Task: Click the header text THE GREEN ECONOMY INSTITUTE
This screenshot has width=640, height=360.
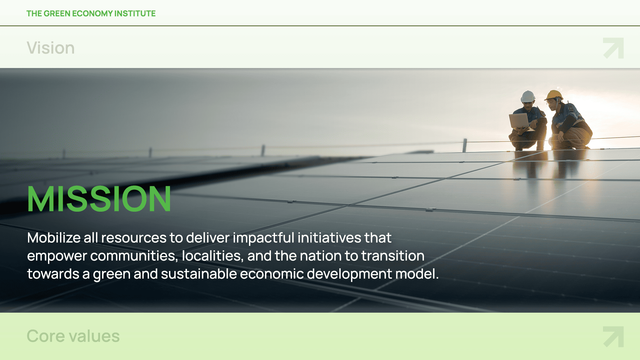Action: (x=91, y=13)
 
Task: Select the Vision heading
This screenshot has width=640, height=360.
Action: (x=51, y=48)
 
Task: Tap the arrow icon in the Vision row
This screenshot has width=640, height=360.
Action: (x=613, y=48)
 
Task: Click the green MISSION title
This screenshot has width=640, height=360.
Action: (x=99, y=199)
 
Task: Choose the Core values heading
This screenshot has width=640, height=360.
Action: (x=73, y=336)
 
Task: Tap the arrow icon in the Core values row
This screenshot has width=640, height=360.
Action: (x=613, y=337)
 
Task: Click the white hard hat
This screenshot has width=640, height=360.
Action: (x=528, y=96)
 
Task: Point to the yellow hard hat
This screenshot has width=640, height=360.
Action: (x=554, y=95)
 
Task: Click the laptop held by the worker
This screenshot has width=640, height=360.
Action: (x=519, y=121)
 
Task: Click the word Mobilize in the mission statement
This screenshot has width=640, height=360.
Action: (x=54, y=238)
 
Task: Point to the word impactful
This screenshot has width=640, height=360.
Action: (x=263, y=238)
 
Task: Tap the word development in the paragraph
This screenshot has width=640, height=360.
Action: (x=349, y=274)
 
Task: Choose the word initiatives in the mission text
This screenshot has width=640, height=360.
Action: (x=329, y=238)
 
